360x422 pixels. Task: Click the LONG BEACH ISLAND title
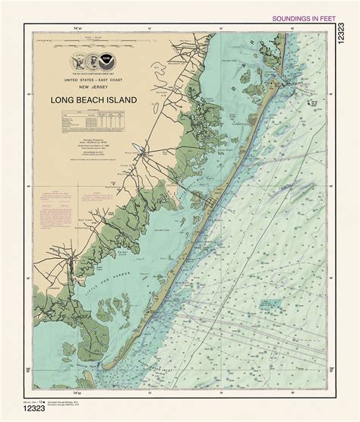pos(93,99)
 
